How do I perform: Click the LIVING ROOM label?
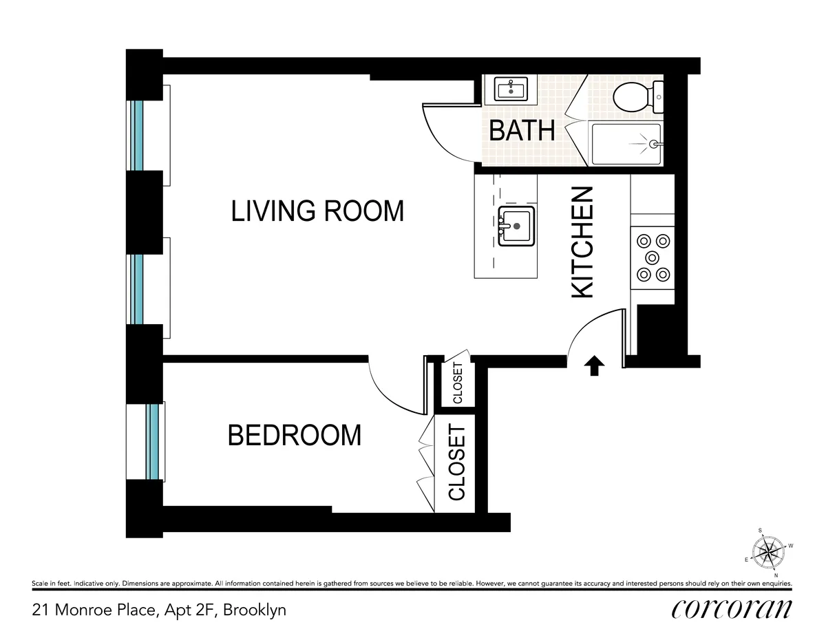(x=317, y=211)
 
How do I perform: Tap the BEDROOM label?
(x=294, y=435)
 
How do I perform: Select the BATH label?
(x=522, y=130)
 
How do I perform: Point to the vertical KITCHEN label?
(x=583, y=242)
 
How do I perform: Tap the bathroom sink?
(x=510, y=89)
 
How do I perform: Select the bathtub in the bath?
(x=625, y=144)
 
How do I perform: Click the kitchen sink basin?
(x=516, y=225)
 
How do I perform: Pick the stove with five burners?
(x=653, y=257)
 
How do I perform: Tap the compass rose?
(x=770, y=551)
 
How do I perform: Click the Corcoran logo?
(x=731, y=609)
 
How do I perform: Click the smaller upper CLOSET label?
(x=458, y=383)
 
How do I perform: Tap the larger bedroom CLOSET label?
(x=457, y=462)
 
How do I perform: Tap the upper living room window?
(x=138, y=135)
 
